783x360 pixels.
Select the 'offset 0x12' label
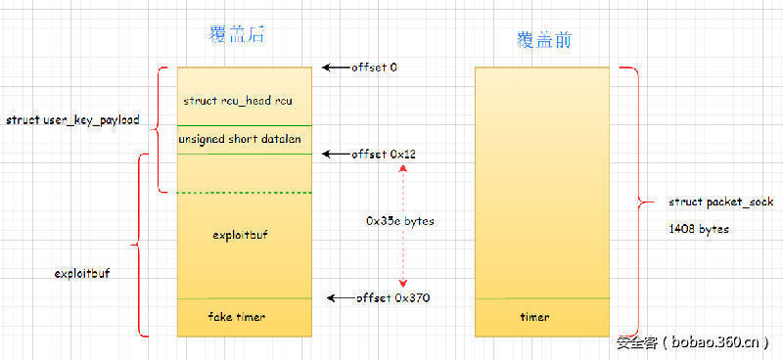click(x=381, y=155)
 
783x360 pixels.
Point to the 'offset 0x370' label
click(x=393, y=296)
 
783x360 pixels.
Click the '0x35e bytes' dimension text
click(x=400, y=221)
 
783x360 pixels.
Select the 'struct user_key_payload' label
click(x=72, y=120)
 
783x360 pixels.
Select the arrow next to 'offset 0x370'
click(x=341, y=296)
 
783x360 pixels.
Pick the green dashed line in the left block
click(x=245, y=192)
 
